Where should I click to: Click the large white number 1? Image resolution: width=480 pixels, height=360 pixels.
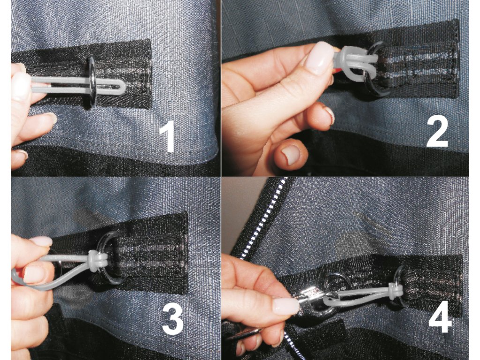(167, 136)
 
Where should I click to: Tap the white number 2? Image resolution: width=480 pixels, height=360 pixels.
(437, 132)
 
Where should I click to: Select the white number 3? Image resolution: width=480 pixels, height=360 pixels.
(172, 319)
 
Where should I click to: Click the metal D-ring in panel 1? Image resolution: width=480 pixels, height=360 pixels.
(92, 82)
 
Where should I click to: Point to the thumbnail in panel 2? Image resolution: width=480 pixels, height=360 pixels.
(289, 154)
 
